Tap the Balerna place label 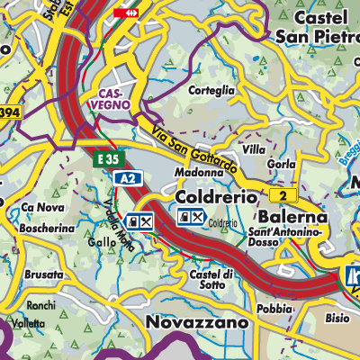point(290,218)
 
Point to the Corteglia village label point(211,90)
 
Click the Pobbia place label point(274,309)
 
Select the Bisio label point(337,318)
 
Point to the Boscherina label point(47,229)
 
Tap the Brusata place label point(44,274)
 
